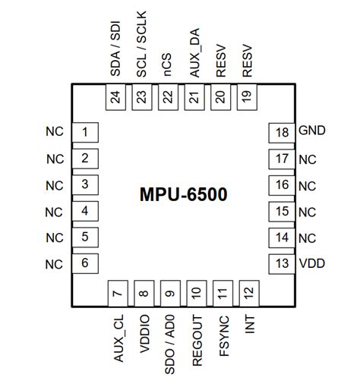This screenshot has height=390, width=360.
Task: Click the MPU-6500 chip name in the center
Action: pos(183,194)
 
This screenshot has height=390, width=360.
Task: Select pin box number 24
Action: pos(115,97)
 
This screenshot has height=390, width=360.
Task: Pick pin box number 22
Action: pos(168,97)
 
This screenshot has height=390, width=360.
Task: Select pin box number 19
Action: pos(246,97)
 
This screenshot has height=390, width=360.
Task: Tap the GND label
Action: pos(312,131)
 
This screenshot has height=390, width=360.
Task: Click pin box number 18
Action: pos(283,133)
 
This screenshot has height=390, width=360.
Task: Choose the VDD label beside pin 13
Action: pos(311,263)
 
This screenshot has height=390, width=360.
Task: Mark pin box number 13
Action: pos(283,264)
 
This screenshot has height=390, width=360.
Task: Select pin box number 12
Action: pos(246,293)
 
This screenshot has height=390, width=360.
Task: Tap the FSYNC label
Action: pos(221,334)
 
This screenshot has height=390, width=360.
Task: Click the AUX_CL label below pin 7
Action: pos(116,336)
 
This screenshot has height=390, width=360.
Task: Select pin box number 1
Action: pos(85,133)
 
